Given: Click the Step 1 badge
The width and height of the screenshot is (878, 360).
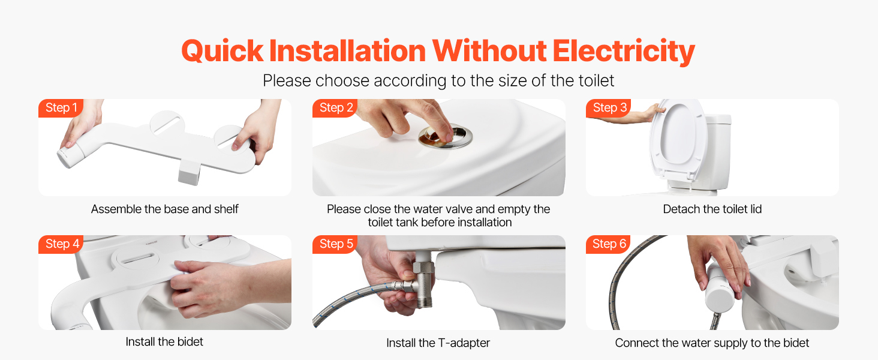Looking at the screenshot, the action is coord(61,108).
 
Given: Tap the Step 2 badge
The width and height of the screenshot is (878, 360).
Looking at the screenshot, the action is coord(335,108).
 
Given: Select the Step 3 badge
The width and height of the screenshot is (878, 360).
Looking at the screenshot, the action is coord(608,108).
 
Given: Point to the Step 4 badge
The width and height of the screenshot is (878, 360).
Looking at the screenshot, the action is coord(61,244).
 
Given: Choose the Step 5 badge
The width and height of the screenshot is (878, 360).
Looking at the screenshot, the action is coord(335,244).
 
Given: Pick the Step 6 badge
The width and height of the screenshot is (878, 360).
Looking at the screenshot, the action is coord(608,244).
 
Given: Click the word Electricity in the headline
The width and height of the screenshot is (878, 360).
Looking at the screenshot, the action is coord(624,52).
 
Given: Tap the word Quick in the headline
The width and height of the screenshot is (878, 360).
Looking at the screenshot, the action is coord(222,52).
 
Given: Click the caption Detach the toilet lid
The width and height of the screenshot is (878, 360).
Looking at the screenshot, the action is coord(712,209).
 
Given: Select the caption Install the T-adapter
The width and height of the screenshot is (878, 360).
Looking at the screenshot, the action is coord(438,343).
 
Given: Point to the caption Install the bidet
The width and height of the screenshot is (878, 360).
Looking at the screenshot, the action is coord(164,341).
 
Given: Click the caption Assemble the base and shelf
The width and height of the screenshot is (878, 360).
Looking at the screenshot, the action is coord(164,209).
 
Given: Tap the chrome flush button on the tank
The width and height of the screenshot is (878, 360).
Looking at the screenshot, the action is coord(445,137).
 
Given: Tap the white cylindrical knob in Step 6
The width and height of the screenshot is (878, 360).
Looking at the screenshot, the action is coord(720,292).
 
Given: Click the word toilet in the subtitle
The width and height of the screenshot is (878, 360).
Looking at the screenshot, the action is coord(594,81).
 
